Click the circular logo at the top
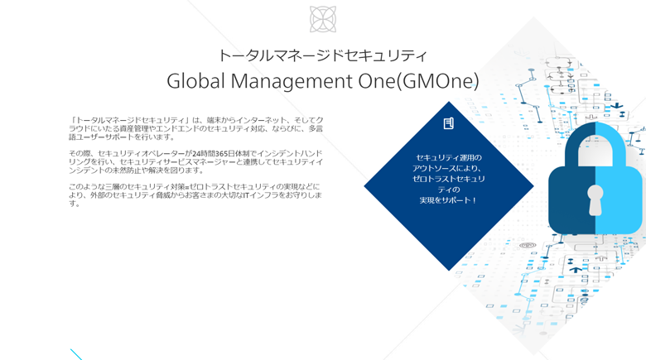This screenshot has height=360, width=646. pyautogui.click(x=323, y=19)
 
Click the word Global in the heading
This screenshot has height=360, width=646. pyautogui.click(x=196, y=81)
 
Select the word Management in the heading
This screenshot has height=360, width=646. pyautogui.click(x=292, y=82)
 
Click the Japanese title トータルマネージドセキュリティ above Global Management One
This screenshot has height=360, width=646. pyautogui.click(x=323, y=55)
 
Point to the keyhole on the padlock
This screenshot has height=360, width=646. pyautogui.click(x=595, y=200)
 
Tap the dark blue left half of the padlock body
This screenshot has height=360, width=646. pyautogui.click(x=571, y=199)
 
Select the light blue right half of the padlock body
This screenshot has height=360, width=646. pyautogui.click(x=619, y=199)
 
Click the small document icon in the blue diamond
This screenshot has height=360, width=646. pyautogui.click(x=449, y=123)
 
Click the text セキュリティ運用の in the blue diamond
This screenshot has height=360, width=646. pyautogui.click(x=449, y=157)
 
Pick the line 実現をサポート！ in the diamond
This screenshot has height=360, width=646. pyautogui.click(x=448, y=200)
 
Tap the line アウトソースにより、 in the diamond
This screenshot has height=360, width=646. pyautogui.click(x=447, y=168)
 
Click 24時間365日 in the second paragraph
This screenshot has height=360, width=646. pyautogui.click(x=215, y=154)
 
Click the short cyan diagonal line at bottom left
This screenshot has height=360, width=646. pyautogui.click(x=76, y=355)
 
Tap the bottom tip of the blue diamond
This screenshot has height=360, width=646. pyautogui.click(x=449, y=270)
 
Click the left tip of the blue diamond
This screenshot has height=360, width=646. pyautogui.click(x=364, y=185)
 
